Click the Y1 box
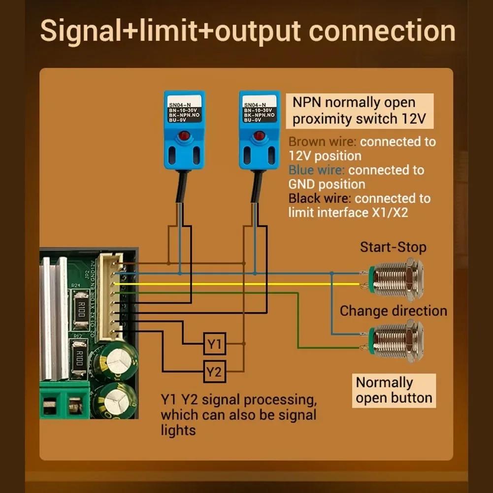pos(214,344)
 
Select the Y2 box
pos(214,371)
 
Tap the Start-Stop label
pos(393,247)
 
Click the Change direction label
pos(393,311)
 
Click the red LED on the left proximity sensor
pos(184,136)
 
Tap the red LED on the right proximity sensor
pos(259,136)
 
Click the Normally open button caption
pos(394,390)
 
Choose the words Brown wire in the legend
pos(322,142)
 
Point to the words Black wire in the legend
pos(319,198)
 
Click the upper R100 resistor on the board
pos(81,309)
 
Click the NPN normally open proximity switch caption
pos(360,111)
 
